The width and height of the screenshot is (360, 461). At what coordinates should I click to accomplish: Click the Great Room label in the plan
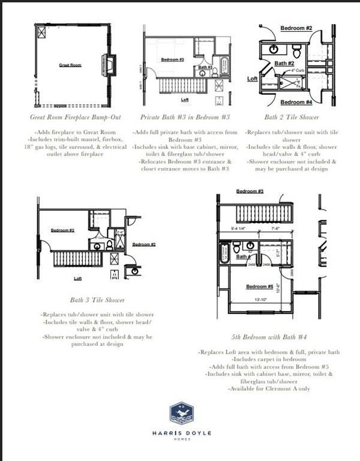click(x=71, y=64)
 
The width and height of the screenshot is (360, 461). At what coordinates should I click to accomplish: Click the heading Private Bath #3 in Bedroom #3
click(x=185, y=117)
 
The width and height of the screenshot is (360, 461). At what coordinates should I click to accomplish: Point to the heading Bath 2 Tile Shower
click(x=291, y=117)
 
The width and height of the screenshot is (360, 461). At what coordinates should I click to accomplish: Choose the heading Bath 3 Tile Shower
click(x=97, y=300)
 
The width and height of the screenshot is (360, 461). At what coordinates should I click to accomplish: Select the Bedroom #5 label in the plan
click(x=259, y=287)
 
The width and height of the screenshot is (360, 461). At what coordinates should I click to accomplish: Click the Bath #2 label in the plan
click(x=284, y=63)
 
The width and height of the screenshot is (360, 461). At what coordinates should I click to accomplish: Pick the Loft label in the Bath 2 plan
click(x=253, y=79)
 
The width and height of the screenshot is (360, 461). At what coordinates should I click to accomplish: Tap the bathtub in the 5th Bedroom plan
click(x=225, y=253)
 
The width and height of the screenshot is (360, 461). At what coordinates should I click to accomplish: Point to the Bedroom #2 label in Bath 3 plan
click(x=144, y=244)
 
